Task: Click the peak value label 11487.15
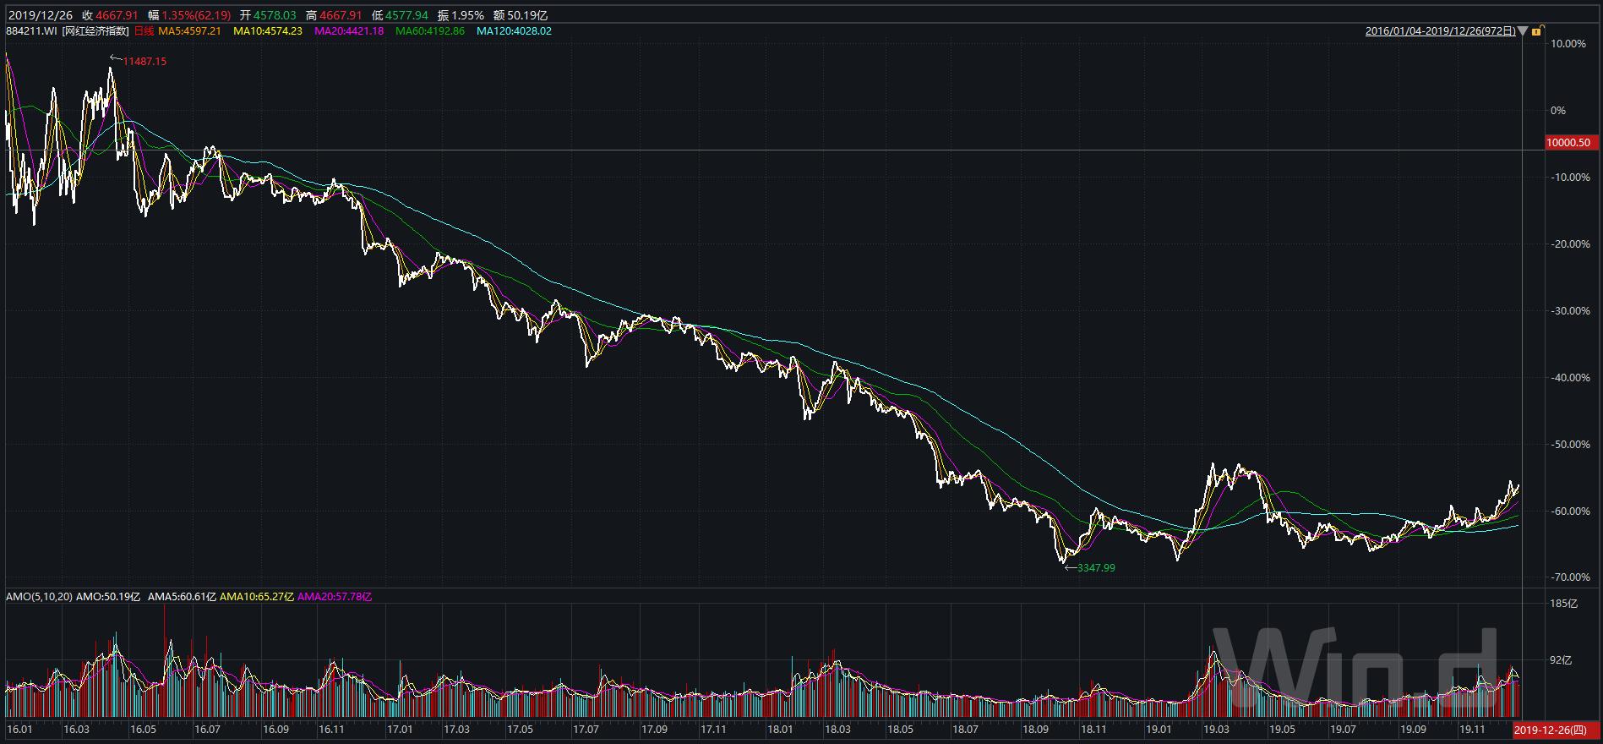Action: pos(144,62)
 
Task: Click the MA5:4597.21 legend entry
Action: pos(189,31)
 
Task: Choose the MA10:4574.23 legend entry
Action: pos(267,31)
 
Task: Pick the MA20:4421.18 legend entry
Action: pos(348,31)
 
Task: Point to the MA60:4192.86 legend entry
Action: pos(429,31)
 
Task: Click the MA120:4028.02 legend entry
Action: pos(514,31)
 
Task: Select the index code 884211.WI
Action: pos(30,31)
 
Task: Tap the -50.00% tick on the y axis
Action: pos(1571,445)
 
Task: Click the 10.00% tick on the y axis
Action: pos(1571,44)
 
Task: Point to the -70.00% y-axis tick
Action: pos(1571,577)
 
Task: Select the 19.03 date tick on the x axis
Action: pos(1215,730)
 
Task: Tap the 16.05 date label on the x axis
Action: pos(143,730)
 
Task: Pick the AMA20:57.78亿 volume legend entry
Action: pos(335,597)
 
